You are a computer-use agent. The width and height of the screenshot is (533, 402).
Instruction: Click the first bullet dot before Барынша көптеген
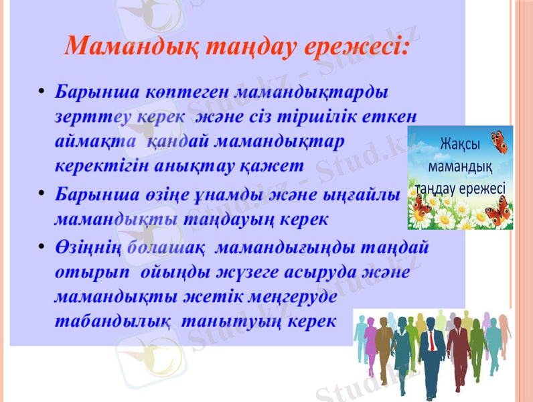42,90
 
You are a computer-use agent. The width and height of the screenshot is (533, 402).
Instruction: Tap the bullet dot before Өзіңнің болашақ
42,247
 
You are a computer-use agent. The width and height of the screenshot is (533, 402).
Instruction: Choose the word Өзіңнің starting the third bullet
87,247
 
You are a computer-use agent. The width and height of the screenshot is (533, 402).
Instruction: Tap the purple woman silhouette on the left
362,342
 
